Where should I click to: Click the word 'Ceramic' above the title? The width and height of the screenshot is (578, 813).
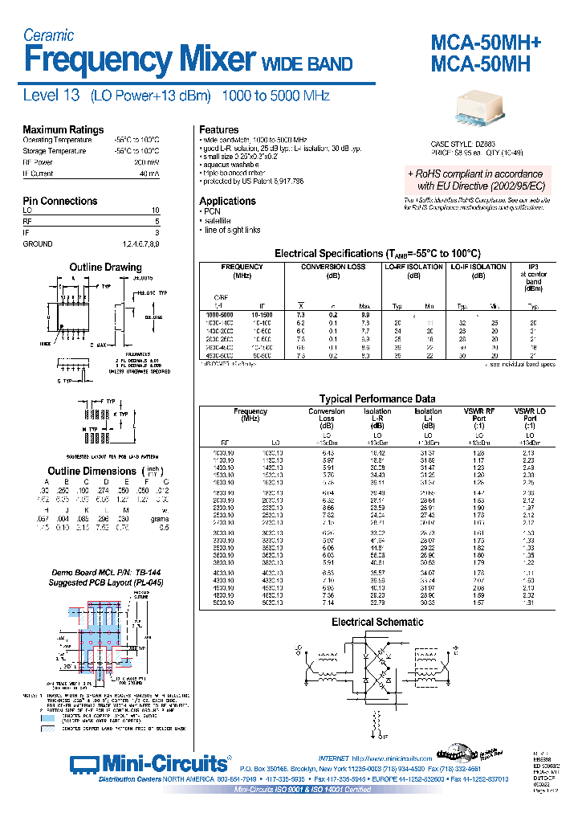[48, 35]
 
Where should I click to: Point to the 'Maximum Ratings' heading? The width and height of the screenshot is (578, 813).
[63, 129]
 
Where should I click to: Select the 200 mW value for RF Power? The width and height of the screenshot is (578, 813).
[148, 161]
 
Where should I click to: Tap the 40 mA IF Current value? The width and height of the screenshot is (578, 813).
[149, 173]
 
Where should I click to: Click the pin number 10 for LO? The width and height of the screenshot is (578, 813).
[155, 210]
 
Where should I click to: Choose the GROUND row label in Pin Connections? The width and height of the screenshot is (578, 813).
[38, 243]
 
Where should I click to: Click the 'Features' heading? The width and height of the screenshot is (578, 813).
[218, 129]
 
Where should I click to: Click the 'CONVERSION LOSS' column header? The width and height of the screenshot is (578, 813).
[333, 267]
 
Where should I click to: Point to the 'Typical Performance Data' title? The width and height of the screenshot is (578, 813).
[377, 398]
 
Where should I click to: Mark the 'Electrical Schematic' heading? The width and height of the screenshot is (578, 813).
[377, 622]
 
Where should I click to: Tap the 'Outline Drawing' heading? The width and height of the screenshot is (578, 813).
[105, 267]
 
